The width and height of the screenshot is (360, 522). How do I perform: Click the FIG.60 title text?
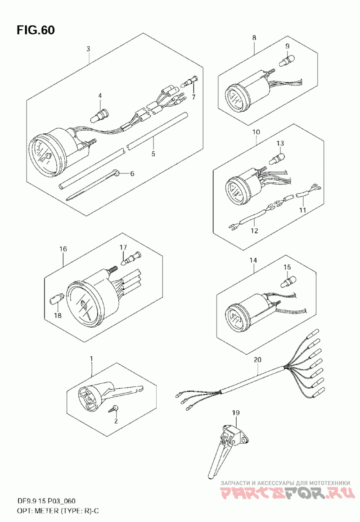(x=36, y=30)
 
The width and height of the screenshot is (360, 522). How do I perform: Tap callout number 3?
(x=88, y=49)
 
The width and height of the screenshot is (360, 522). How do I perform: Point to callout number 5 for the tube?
(x=153, y=154)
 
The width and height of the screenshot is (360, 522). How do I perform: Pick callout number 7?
(x=193, y=97)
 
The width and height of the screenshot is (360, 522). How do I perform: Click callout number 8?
(x=254, y=38)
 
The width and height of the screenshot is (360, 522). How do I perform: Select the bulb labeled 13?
(x=278, y=158)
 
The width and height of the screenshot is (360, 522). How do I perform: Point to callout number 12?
(x=255, y=230)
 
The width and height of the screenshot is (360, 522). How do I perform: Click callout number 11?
(x=302, y=210)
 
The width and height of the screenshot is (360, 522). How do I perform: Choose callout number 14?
(x=253, y=260)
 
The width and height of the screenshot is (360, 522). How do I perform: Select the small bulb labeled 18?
(x=55, y=300)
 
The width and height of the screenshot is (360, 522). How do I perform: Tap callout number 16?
(x=63, y=249)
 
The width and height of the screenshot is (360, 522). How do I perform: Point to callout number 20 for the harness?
(x=257, y=359)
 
